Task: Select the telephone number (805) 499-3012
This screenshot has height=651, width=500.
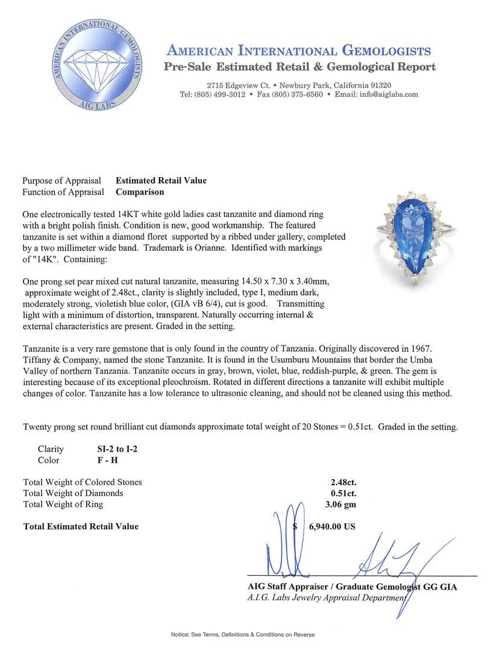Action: [x=219, y=95]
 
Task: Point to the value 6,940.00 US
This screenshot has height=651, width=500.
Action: [x=332, y=526]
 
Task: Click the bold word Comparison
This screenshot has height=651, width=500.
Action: [x=140, y=192]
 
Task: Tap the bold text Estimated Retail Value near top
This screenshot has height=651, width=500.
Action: [x=161, y=180]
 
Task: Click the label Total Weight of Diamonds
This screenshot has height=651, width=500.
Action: [x=73, y=493]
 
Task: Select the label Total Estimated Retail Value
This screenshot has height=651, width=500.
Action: [x=81, y=526]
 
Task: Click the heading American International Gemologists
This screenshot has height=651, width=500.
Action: [x=298, y=51]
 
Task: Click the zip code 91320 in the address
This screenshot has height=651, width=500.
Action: [x=378, y=86]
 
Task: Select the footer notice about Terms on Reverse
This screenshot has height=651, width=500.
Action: [x=243, y=635]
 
